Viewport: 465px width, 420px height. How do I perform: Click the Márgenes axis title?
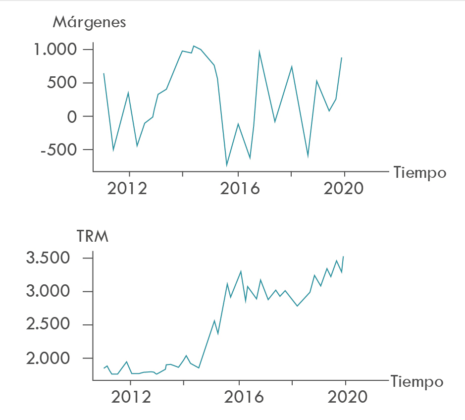coord(89,22)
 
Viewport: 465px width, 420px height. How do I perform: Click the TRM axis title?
coord(93,236)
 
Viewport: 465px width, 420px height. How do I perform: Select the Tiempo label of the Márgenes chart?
coord(420,173)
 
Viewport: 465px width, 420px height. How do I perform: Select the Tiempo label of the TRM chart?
coord(417,382)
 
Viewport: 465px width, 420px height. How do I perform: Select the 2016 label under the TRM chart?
coord(240,397)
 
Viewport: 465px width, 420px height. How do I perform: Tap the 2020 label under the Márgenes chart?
coord(344,189)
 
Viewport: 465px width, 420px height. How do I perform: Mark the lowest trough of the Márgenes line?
coord(227,165)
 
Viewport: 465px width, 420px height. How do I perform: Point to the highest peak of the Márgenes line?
coord(194,46)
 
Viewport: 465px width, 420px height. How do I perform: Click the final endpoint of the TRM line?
coord(343,257)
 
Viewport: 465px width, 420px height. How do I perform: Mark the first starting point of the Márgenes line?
coord(103,73)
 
